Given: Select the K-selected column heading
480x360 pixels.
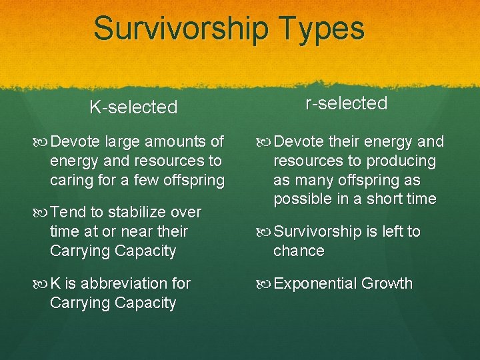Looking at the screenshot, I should click(x=133, y=107).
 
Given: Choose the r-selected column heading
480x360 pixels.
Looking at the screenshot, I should click(x=346, y=103).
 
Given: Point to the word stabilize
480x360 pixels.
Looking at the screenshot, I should click(x=138, y=212).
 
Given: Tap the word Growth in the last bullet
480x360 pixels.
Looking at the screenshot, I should click(x=389, y=283).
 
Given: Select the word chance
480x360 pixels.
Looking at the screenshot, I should click(x=299, y=251).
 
